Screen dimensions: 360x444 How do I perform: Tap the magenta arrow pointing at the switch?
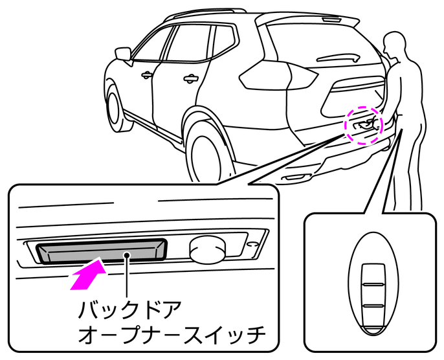click(x=87, y=275)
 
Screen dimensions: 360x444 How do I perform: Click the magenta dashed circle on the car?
click(x=364, y=124)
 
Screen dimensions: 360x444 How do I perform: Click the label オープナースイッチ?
click(x=172, y=335)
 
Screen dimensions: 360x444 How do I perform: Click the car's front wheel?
click(x=115, y=106)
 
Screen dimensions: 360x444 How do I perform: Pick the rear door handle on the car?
click(x=190, y=79)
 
